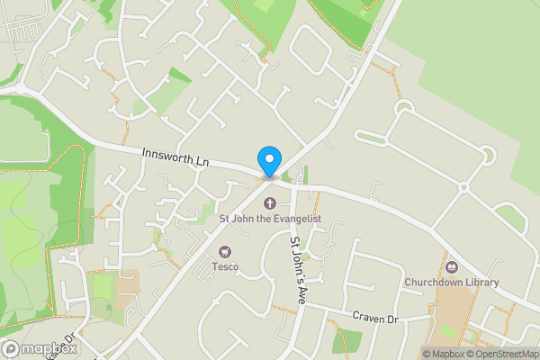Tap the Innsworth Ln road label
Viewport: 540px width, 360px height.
pyautogui.click(x=175, y=157)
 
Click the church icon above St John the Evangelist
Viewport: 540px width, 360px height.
pyautogui.click(x=269, y=202)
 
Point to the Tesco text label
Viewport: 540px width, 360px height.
pyautogui.click(x=224, y=266)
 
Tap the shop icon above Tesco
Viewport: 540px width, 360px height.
pyautogui.click(x=224, y=252)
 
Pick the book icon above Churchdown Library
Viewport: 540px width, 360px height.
pyautogui.click(x=451, y=267)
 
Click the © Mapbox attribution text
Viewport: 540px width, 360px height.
pyautogui.click(x=443, y=354)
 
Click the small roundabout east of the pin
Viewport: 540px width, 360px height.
pyautogui.click(x=463, y=187)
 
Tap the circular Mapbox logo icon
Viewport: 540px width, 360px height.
pyautogui.click(x=11, y=349)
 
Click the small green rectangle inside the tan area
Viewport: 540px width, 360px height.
pyautogui.click(x=446, y=331)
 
